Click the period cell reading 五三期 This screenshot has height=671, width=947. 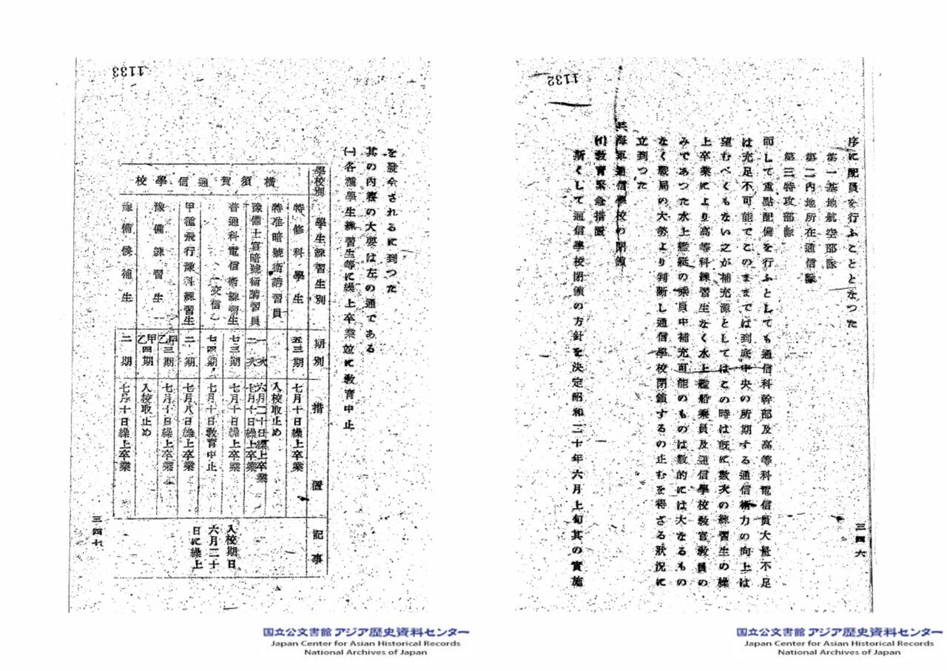[x=296, y=347]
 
